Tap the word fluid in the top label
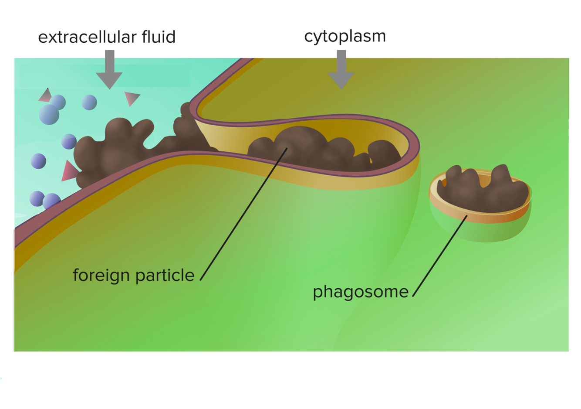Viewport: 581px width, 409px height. pyautogui.click(x=159, y=37)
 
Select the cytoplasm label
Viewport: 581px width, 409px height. pyautogui.click(x=345, y=37)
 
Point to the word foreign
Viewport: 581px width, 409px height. pyautogui.click(x=101, y=276)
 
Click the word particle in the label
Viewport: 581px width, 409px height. pyautogui.click(x=165, y=276)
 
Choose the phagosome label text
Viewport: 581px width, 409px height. pyautogui.click(x=361, y=292)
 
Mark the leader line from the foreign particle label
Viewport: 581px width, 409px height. pyautogui.click(x=244, y=214)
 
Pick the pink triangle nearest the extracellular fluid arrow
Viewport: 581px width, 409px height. pyautogui.click(x=131, y=99)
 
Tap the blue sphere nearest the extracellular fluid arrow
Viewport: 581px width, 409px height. pyautogui.click(x=89, y=102)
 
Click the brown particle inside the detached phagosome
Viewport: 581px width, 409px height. pyautogui.click(x=483, y=190)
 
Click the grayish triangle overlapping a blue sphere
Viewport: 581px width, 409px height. pyautogui.click(x=45, y=96)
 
